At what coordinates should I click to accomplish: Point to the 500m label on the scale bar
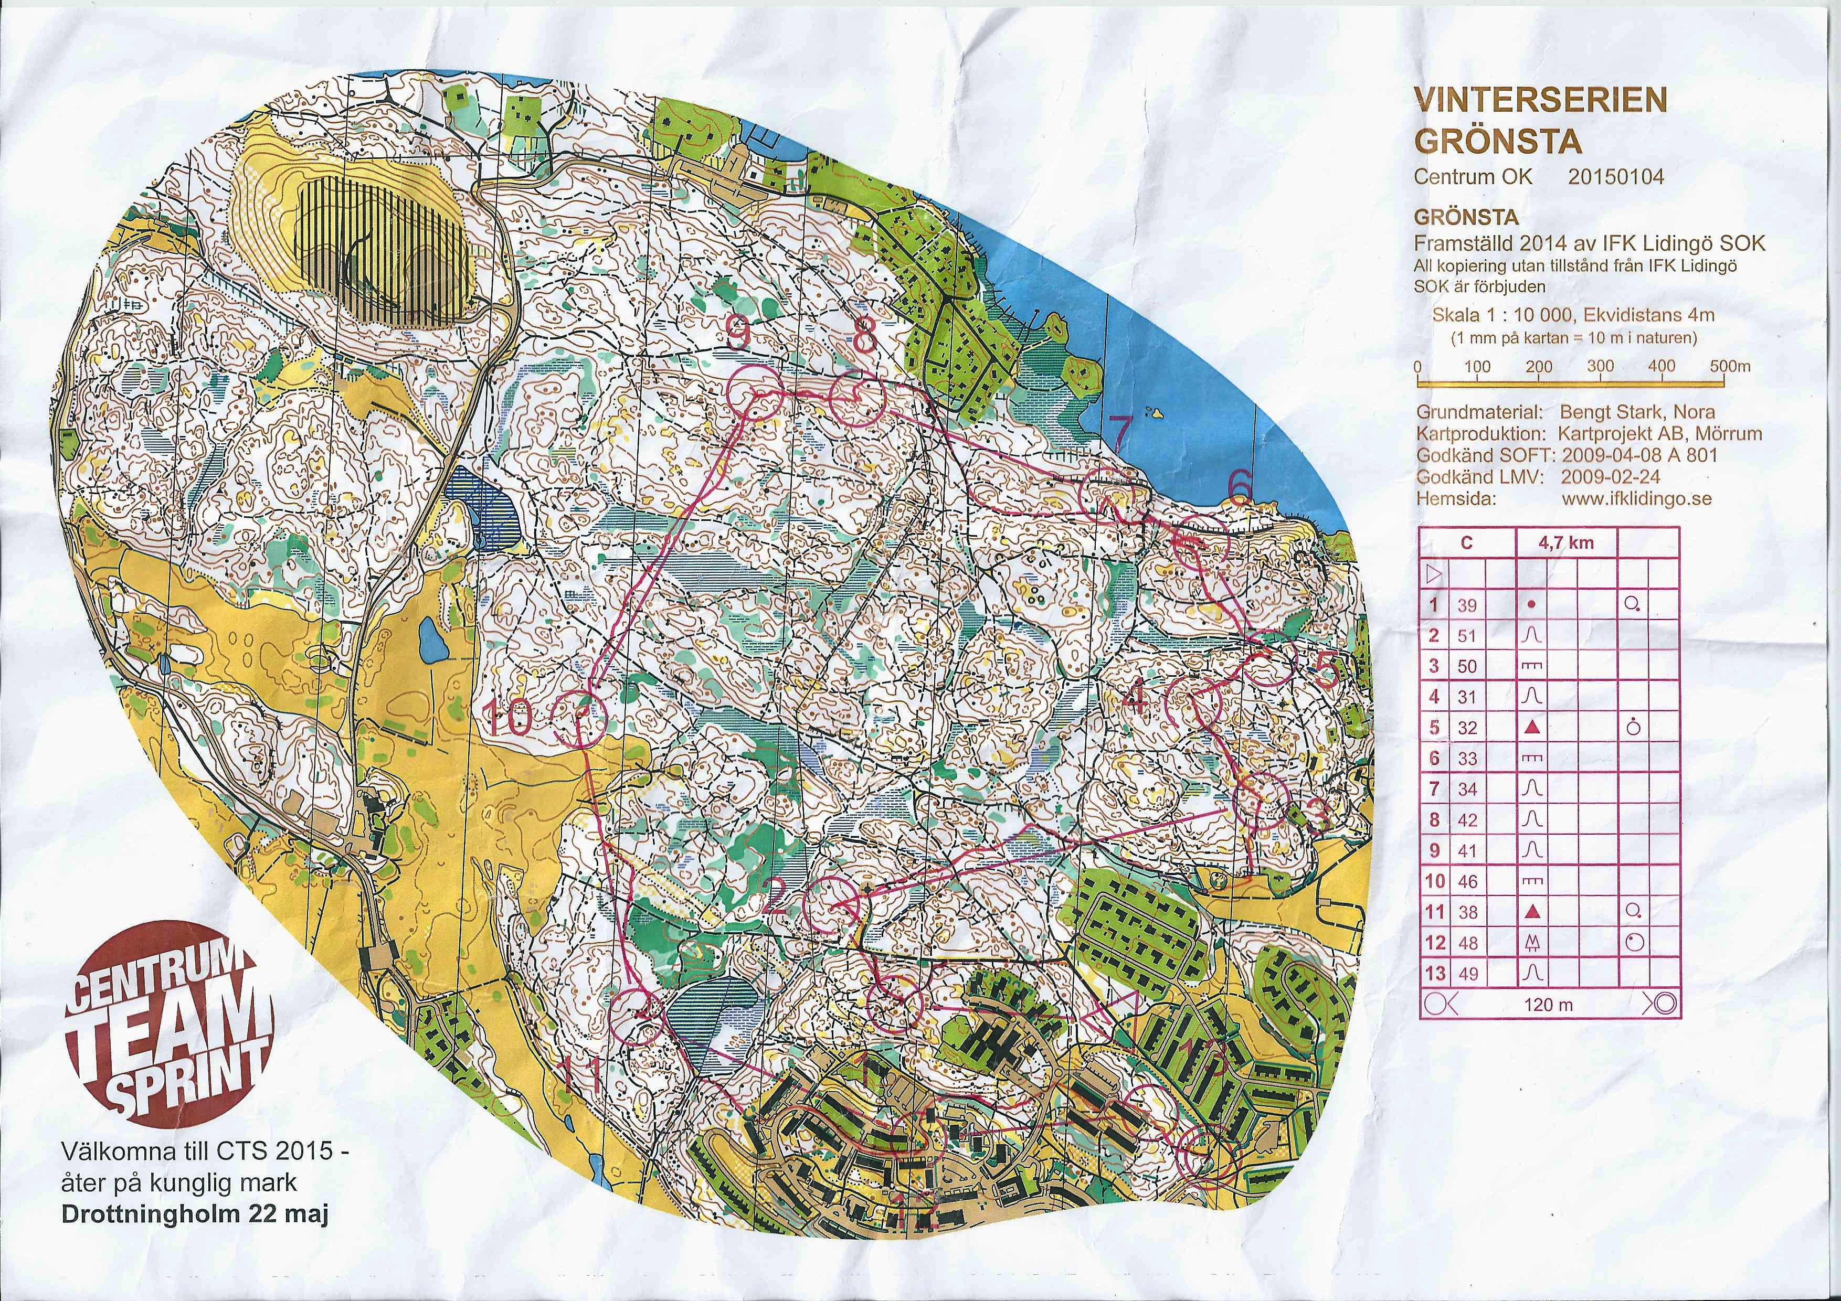(1729, 367)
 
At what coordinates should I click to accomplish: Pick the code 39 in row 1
(1466, 606)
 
